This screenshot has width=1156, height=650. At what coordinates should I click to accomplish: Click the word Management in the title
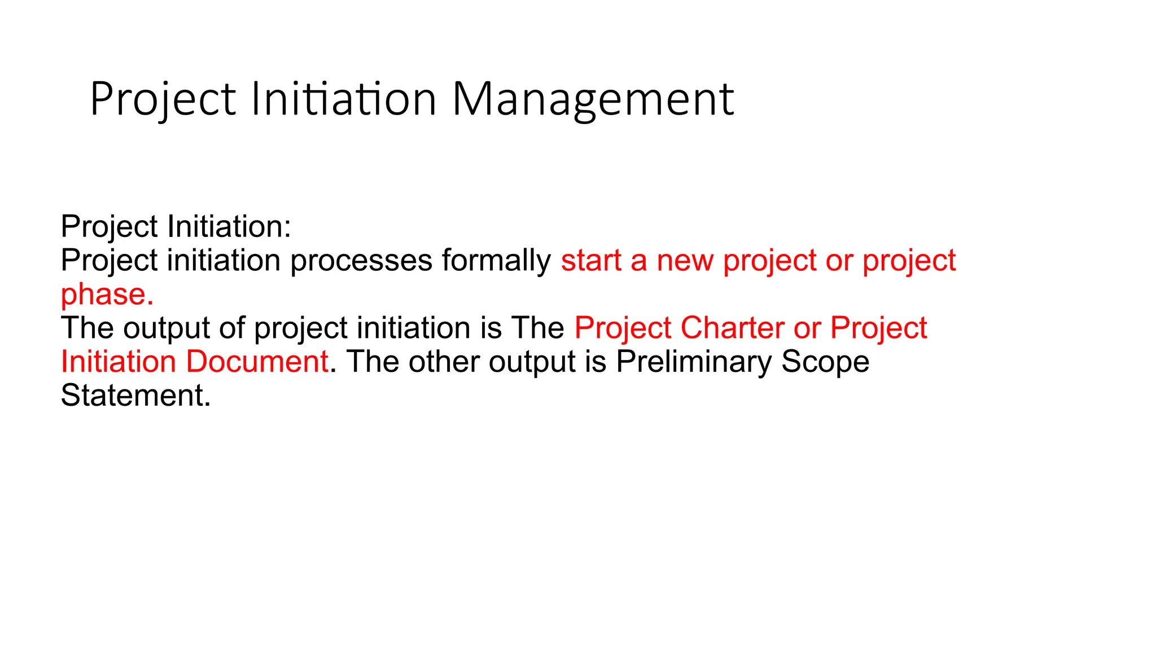593,99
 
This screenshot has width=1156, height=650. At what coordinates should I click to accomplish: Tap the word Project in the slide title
163,99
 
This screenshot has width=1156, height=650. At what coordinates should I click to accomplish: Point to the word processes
361,261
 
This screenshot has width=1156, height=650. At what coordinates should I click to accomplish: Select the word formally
496,261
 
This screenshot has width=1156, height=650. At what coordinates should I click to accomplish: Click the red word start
590,261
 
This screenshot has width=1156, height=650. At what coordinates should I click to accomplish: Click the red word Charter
732,328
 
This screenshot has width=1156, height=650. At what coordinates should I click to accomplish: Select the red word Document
257,362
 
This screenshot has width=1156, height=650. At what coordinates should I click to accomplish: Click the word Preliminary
694,362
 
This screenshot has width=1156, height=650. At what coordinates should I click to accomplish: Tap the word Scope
825,362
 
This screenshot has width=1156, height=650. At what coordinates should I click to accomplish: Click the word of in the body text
232,328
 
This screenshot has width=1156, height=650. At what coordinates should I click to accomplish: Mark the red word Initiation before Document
119,362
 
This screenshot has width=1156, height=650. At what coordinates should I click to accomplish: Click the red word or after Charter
807,328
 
